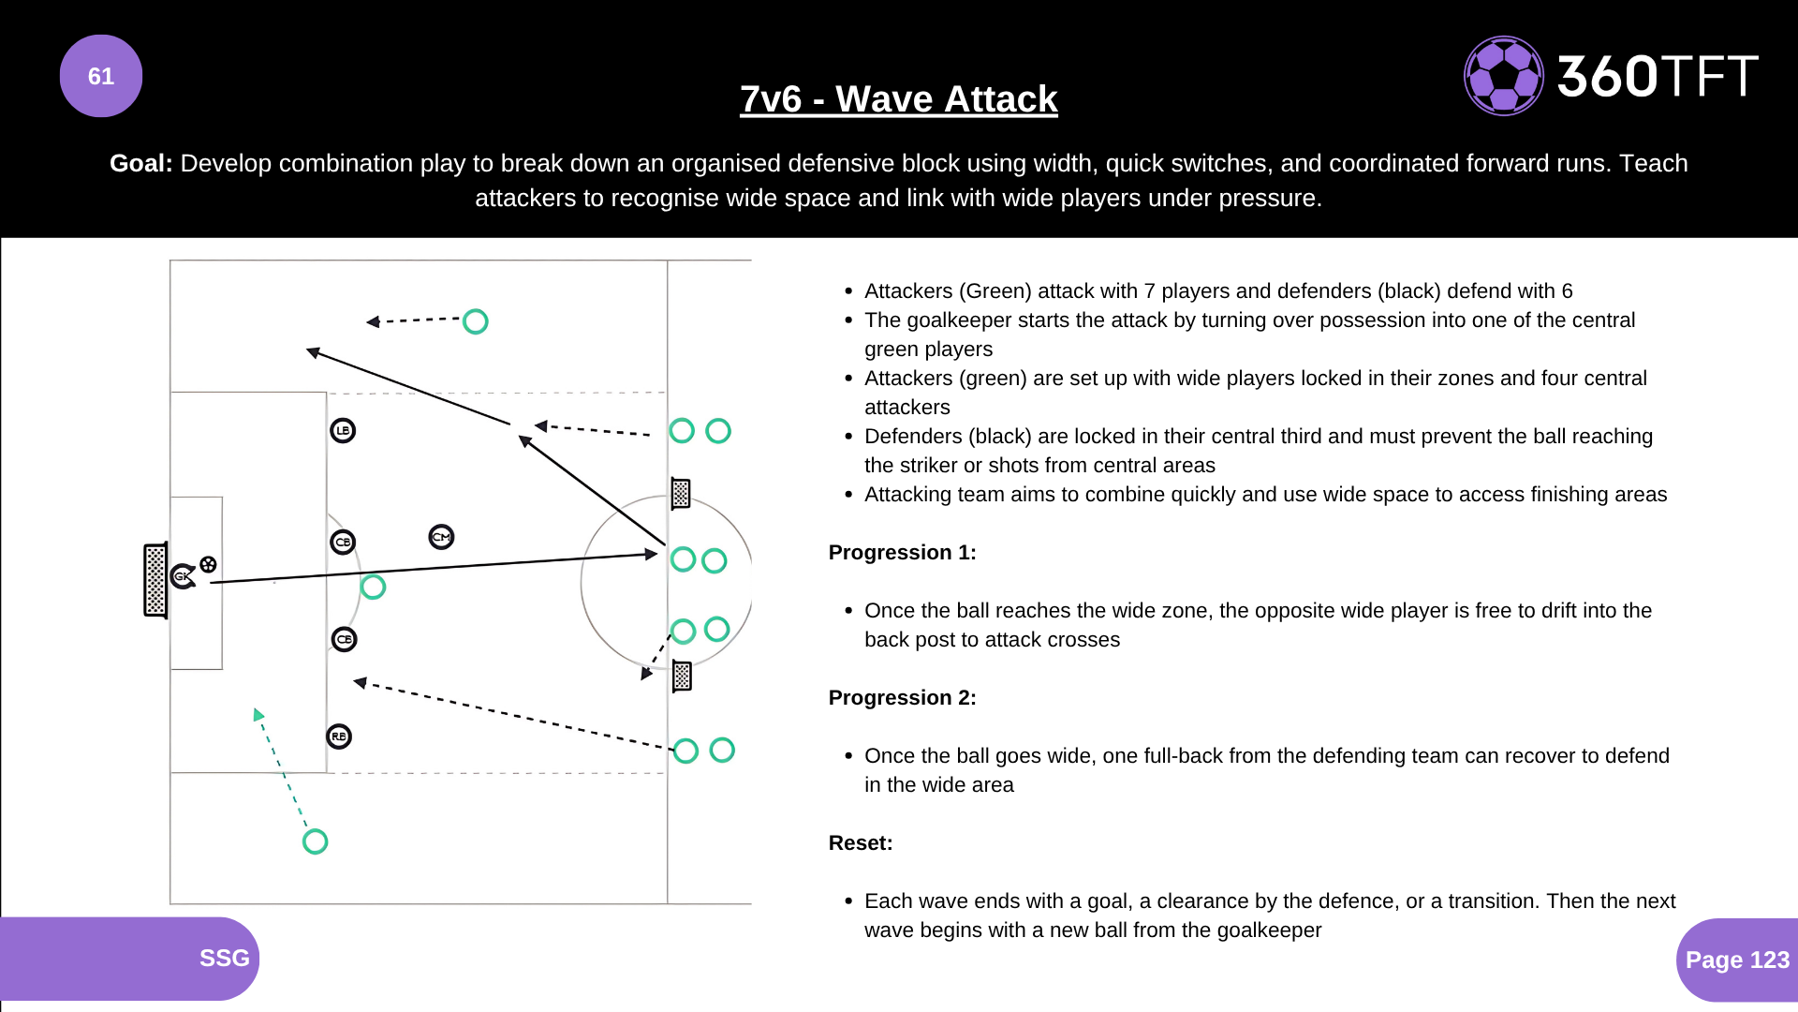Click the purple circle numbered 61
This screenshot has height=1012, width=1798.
(x=101, y=76)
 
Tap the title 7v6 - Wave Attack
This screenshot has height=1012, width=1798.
(x=898, y=98)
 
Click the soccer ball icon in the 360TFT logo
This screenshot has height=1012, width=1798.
(x=1503, y=76)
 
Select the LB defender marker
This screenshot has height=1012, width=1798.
(x=343, y=431)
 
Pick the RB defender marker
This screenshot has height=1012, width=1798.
(x=339, y=737)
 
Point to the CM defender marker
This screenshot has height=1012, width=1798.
(x=441, y=537)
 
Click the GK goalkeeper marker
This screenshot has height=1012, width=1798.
(x=184, y=576)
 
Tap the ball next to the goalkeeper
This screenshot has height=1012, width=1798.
(x=208, y=564)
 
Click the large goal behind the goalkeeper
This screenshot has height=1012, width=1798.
(x=155, y=580)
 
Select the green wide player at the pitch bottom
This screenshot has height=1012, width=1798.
(x=315, y=841)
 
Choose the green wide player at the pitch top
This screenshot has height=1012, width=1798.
(x=476, y=321)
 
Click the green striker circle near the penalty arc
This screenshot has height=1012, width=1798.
(x=373, y=588)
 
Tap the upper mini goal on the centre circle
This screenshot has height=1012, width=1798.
(x=681, y=493)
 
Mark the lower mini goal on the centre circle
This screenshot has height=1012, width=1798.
(x=682, y=676)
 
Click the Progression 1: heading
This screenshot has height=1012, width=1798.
(x=902, y=553)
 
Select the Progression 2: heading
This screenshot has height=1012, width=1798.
(x=902, y=698)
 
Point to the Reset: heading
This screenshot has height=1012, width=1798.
(x=861, y=843)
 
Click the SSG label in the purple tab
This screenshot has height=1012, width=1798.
(x=224, y=958)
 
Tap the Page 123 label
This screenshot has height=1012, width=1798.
(x=1737, y=960)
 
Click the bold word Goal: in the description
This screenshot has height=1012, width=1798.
(x=140, y=163)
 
